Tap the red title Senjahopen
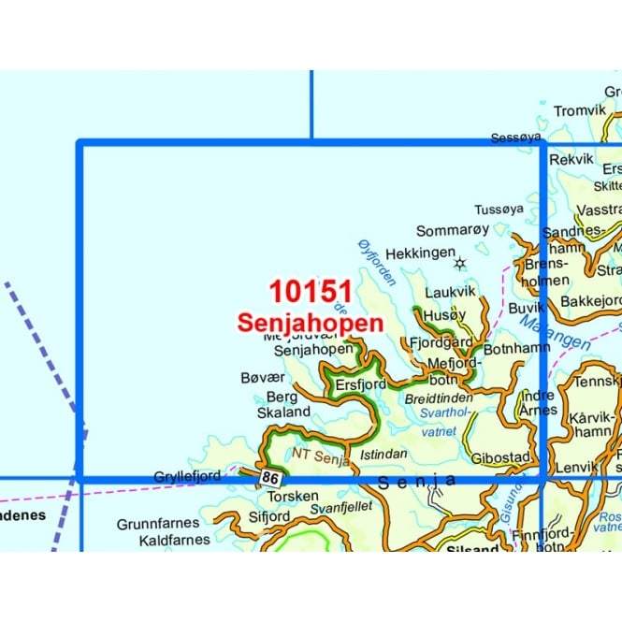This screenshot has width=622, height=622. [x=310, y=323]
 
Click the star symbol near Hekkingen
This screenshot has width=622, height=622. [x=459, y=264]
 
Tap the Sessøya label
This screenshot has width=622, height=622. [x=516, y=138]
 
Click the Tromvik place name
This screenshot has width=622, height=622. [x=580, y=111]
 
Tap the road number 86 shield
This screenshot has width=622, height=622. [x=271, y=478]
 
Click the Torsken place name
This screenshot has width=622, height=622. [x=293, y=496]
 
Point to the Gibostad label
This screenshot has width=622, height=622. [x=501, y=457]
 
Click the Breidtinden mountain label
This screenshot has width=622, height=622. [x=439, y=398]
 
